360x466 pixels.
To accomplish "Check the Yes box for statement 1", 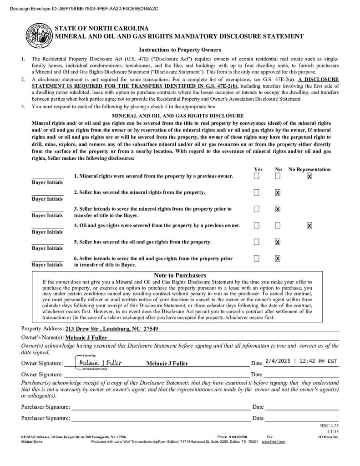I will [x=257, y=176].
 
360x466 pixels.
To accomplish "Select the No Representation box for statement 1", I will [x=309, y=176].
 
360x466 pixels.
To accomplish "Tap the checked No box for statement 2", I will [x=278, y=192].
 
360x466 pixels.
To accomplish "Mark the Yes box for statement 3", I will [x=257, y=209].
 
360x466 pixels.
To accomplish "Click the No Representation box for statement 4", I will [x=309, y=225].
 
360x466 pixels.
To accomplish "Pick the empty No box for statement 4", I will [x=278, y=225].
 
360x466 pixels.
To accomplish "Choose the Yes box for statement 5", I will [x=257, y=242].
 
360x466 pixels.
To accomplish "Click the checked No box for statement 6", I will [x=278, y=258].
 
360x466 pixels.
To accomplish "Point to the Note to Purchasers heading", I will [x=180, y=275].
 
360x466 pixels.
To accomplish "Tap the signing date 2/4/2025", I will [x=277, y=361].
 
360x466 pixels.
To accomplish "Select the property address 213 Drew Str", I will [x=112, y=329].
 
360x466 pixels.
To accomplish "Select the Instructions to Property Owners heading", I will [x=180, y=50].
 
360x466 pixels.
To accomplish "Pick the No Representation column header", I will [x=309, y=169].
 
